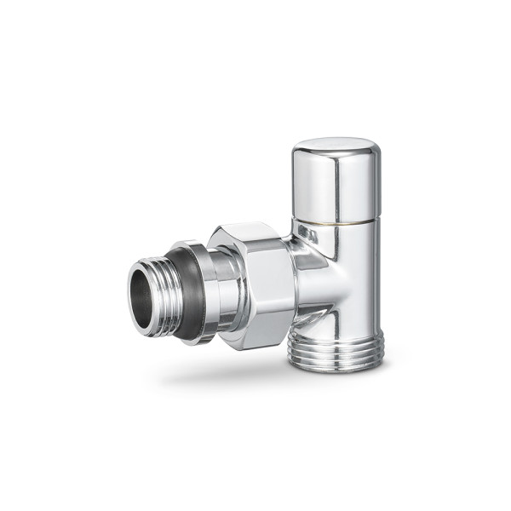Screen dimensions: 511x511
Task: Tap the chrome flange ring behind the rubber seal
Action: tap(204, 294)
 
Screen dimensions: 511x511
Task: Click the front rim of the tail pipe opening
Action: tap(135, 294)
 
